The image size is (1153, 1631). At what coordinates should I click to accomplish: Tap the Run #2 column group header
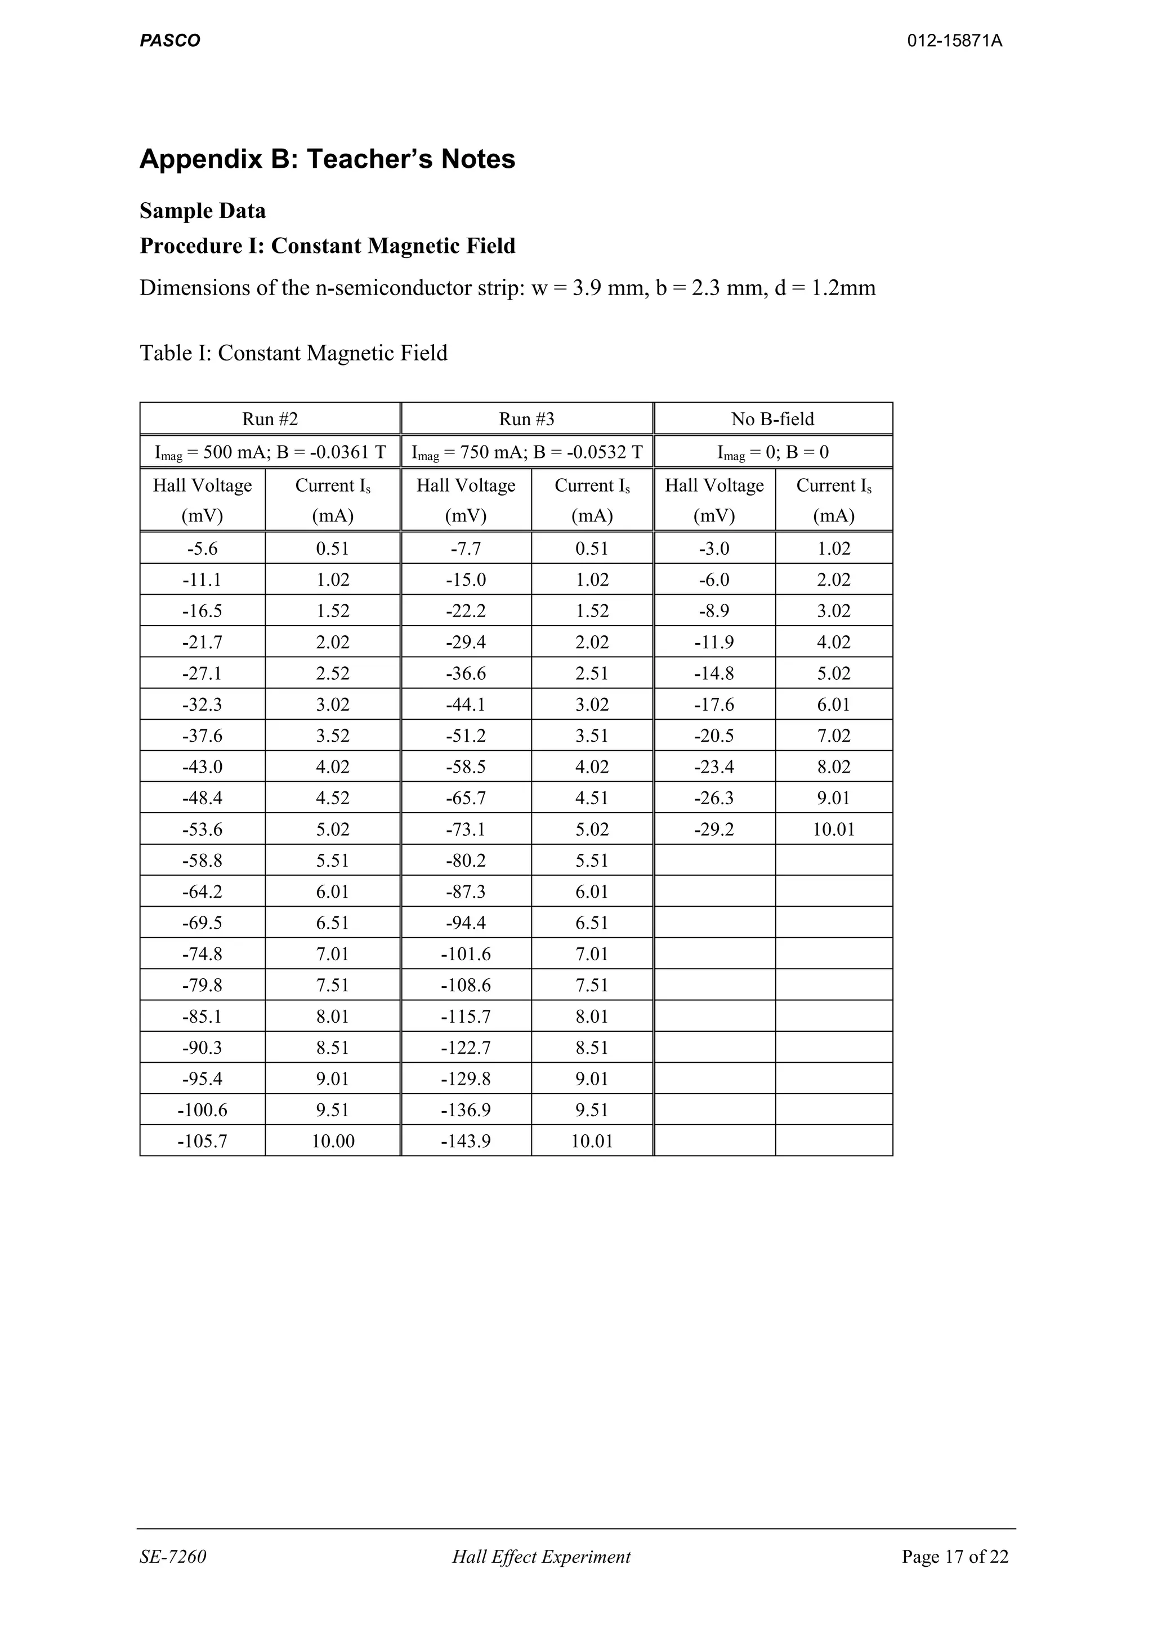(x=270, y=419)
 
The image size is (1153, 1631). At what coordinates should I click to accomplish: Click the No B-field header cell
(x=772, y=419)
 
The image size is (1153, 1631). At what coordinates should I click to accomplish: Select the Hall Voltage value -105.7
(x=202, y=1141)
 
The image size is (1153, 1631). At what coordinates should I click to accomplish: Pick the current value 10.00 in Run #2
(x=332, y=1141)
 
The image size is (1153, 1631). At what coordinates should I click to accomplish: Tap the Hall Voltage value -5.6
(x=202, y=549)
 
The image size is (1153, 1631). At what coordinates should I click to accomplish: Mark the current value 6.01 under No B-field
(x=834, y=705)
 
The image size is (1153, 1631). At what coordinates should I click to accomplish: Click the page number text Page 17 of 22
(x=954, y=1557)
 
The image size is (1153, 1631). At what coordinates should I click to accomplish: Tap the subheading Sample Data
(x=202, y=211)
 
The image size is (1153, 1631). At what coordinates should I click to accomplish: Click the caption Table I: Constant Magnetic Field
(x=293, y=353)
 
